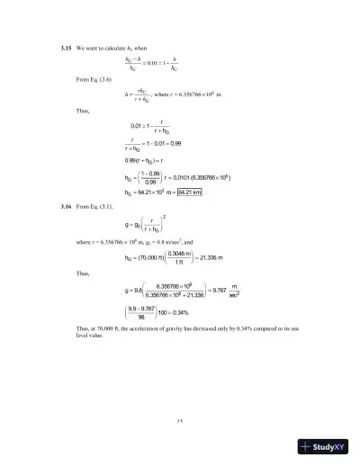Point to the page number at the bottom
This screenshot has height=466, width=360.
click(x=180, y=420)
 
